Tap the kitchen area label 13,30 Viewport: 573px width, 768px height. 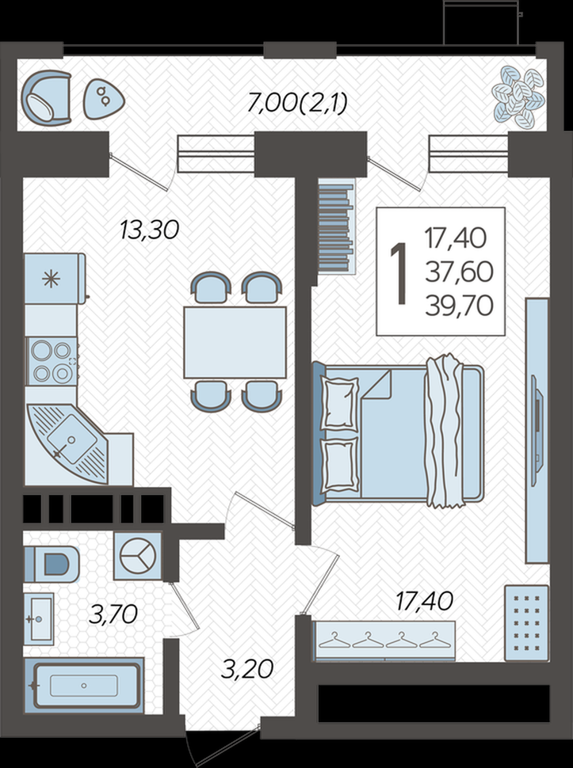[x=150, y=230]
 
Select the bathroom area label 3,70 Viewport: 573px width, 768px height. [x=113, y=614]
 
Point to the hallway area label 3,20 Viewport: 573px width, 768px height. [x=246, y=669]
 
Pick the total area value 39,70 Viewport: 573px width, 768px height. [x=460, y=306]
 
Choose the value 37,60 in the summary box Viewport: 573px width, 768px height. [x=460, y=272]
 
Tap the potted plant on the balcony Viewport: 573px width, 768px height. [x=518, y=97]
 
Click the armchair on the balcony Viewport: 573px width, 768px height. [x=46, y=97]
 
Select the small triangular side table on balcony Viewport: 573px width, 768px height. [x=103, y=100]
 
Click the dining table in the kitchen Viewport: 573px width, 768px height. [x=235, y=342]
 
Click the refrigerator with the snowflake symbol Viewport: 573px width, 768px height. [x=55, y=278]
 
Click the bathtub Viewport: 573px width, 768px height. [x=83, y=685]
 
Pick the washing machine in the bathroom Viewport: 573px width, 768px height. [x=138, y=557]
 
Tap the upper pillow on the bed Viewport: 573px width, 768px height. [x=339, y=404]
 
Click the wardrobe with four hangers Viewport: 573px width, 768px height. [x=384, y=641]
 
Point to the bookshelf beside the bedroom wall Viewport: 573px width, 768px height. [x=336, y=226]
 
